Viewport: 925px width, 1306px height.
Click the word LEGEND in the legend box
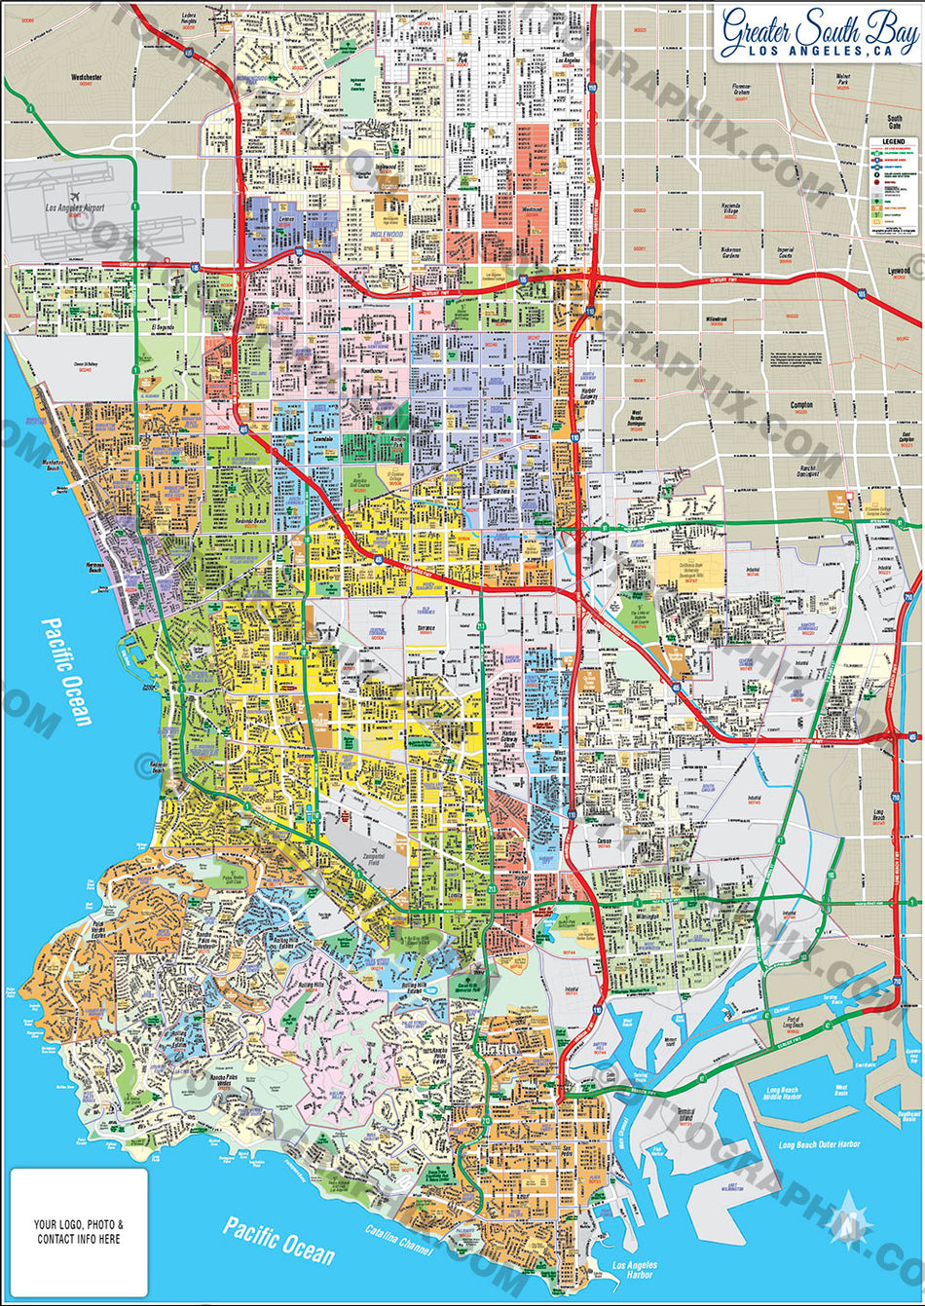point(893,142)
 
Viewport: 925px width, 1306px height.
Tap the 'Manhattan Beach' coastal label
point(58,467)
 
